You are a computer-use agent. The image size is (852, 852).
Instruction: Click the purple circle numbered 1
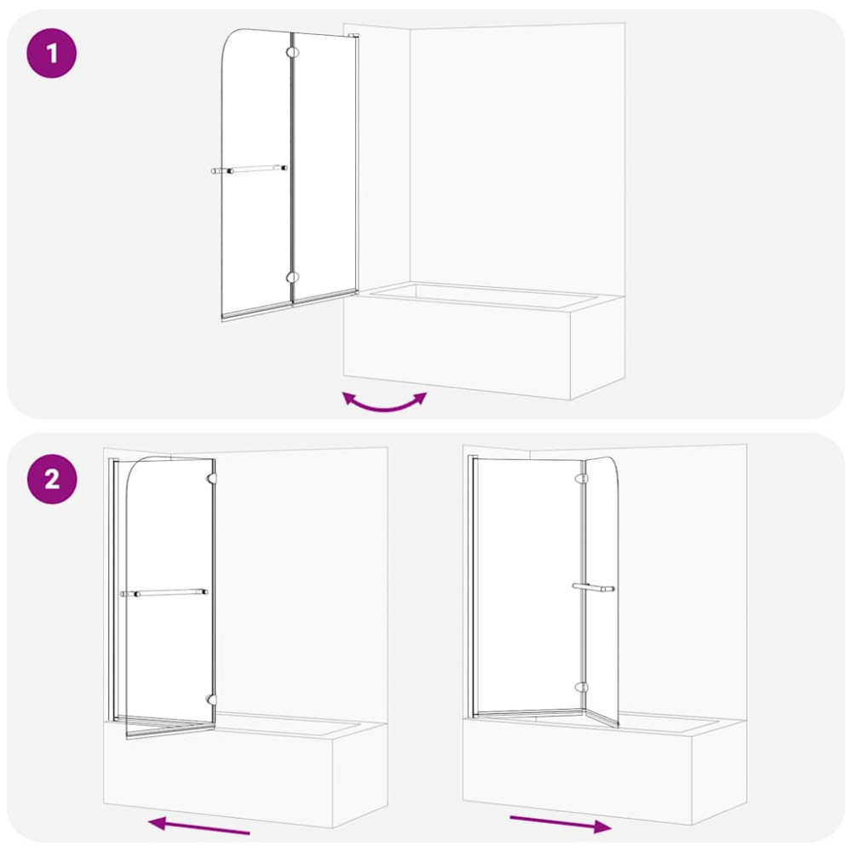pyautogui.click(x=52, y=53)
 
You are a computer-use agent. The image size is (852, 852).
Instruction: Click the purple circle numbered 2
pyautogui.click(x=52, y=479)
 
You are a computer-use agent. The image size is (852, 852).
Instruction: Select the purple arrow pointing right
pyautogui.click(x=561, y=824)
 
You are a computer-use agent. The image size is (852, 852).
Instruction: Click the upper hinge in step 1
pyautogui.click(x=292, y=53)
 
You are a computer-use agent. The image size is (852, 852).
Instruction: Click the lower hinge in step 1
pyautogui.click(x=292, y=277)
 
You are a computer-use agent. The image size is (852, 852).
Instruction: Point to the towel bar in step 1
pyautogui.click(x=249, y=170)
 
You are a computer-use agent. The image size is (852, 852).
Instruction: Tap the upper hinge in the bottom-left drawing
pyautogui.click(x=211, y=478)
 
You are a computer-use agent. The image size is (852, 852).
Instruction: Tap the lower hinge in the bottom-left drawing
pyautogui.click(x=211, y=699)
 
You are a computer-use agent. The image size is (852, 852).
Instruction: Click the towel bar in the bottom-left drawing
pyautogui.click(x=164, y=592)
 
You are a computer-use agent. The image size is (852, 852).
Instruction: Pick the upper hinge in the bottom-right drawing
pyautogui.click(x=581, y=478)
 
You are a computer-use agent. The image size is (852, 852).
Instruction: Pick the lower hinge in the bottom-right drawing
pyautogui.click(x=581, y=688)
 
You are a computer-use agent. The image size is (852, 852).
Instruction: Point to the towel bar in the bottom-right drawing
pyautogui.click(x=593, y=587)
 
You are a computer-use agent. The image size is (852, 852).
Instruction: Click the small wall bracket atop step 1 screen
pyautogui.click(x=354, y=36)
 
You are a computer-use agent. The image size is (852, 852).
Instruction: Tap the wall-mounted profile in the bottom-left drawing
pyautogui.click(x=113, y=590)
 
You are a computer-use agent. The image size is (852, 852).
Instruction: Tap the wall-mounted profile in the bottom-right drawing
pyautogui.click(x=472, y=586)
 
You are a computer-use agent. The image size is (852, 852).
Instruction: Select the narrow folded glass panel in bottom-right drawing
pyautogui.click(x=602, y=591)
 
